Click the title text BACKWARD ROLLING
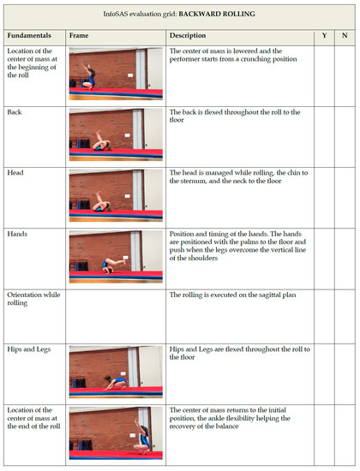pyautogui.click(x=217, y=14)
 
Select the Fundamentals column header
pyautogui.click(x=29, y=35)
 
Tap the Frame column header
pyautogui.click(x=79, y=35)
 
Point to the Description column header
pyautogui.click(x=188, y=35)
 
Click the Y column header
pyautogui.click(x=325, y=35)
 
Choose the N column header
pyautogui.click(x=345, y=35)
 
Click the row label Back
pyautogui.click(x=15, y=112)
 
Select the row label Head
pyautogui.click(x=15, y=173)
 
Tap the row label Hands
pyautogui.click(x=17, y=234)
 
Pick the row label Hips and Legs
pyautogui.click(x=29, y=349)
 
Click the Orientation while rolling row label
pyautogui.click(x=33, y=299)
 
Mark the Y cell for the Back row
pyautogui.click(x=324, y=137)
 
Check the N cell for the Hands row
pyautogui.click(x=345, y=259)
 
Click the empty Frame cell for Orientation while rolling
pyautogui.click(x=116, y=317)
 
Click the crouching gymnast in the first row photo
pyautogui.click(x=89, y=77)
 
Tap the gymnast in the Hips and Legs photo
pyautogui.click(x=116, y=383)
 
